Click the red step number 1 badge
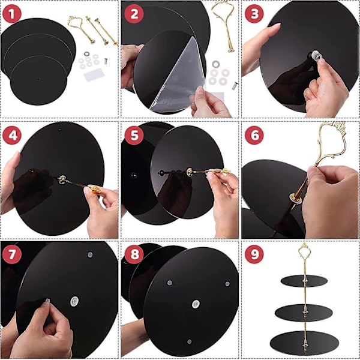[x=12, y=14]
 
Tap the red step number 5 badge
[x=134, y=135]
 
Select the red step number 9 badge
[x=254, y=254]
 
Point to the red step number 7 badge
[x=12, y=254]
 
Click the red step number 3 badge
[x=254, y=14]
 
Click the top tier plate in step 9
[x=304, y=281]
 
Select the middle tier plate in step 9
[x=304, y=313]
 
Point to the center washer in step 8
[x=196, y=304]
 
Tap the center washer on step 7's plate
[x=74, y=301]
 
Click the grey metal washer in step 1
[x=87, y=54]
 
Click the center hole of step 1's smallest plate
[x=38, y=79]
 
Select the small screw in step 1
[x=106, y=61]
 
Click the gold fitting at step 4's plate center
[x=62, y=179]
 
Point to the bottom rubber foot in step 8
[x=189, y=341]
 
